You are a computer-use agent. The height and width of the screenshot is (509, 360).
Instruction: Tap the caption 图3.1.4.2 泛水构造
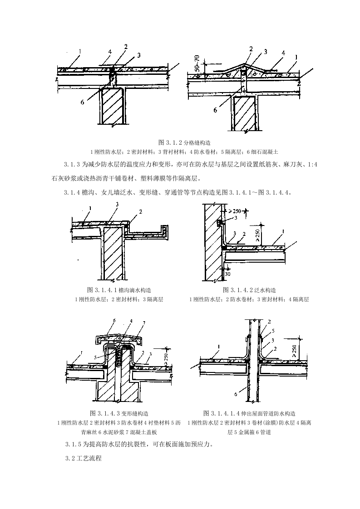249,290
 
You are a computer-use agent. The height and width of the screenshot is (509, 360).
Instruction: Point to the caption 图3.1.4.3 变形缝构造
119,413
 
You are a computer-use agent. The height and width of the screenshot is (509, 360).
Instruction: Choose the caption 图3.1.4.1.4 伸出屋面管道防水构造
249,413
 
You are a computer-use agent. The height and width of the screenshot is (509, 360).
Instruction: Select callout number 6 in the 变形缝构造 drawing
114,320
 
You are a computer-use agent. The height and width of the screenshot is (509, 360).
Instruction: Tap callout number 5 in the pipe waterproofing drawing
273,331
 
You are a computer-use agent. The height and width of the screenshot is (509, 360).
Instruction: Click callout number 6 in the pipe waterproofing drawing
236,394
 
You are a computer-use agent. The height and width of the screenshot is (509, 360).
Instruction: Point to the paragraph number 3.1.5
74,444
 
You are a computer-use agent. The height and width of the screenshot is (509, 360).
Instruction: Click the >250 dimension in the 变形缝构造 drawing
167,357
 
